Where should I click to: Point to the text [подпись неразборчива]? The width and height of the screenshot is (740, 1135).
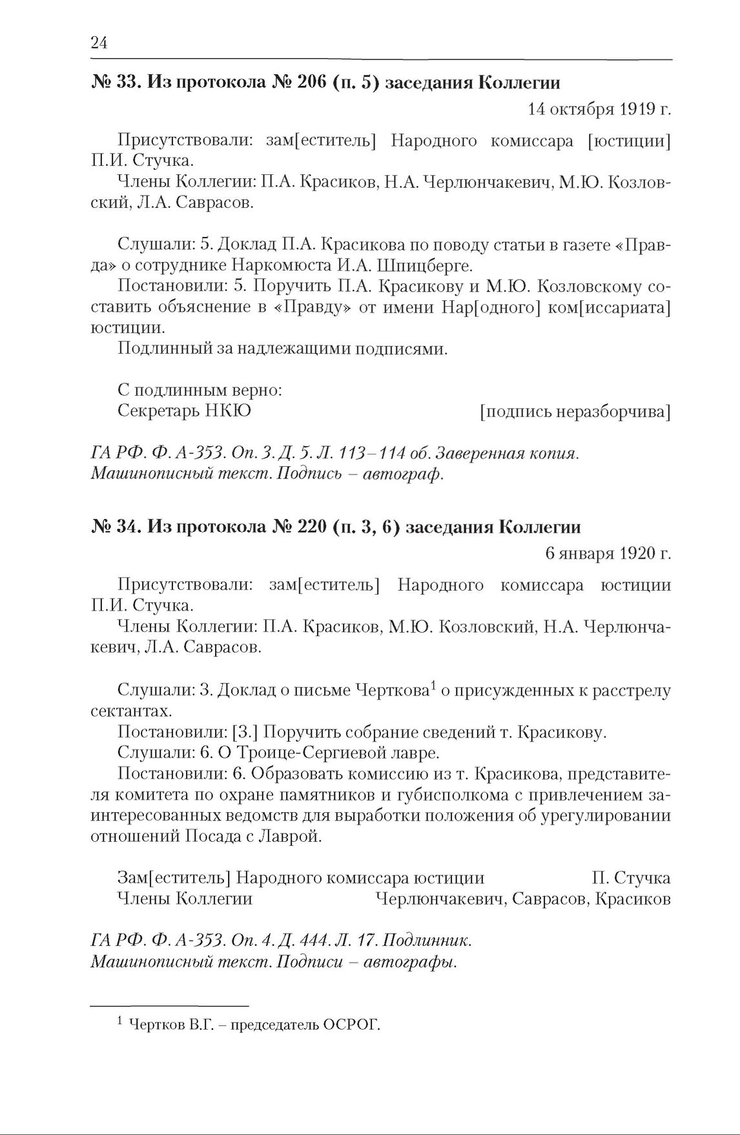[575, 411]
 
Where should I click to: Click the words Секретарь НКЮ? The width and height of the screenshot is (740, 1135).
[184, 411]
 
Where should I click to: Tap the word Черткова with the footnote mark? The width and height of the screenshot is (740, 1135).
[393, 691]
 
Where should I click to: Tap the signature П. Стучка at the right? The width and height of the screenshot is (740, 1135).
[630, 878]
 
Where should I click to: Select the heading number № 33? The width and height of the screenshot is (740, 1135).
[114, 83]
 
